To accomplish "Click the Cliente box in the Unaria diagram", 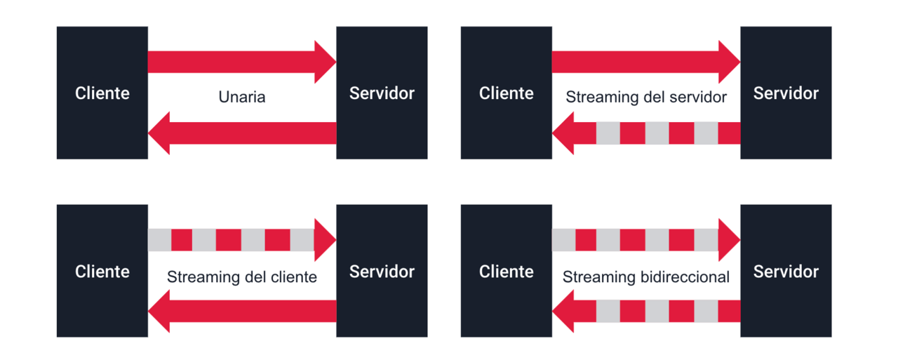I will pyautogui.click(x=102, y=93).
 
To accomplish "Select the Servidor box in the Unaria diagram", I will pyautogui.click(x=382, y=93).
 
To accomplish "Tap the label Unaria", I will pyautogui.click(x=242, y=97).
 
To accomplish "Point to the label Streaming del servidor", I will pyautogui.click(x=646, y=97).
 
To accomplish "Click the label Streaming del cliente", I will pyautogui.click(x=242, y=276).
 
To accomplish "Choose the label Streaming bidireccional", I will pyautogui.click(x=646, y=276).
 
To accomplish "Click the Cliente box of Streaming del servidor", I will pyautogui.click(x=506, y=93).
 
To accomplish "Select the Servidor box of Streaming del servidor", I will pyautogui.click(x=786, y=93).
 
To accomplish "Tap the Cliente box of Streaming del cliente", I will pyautogui.click(x=102, y=271).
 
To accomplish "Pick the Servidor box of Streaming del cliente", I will pyautogui.click(x=382, y=271).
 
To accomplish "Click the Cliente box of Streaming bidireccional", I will pyautogui.click(x=506, y=271).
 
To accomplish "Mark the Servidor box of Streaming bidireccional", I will pyautogui.click(x=786, y=271).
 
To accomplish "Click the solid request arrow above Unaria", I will pyautogui.click(x=239, y=62).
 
